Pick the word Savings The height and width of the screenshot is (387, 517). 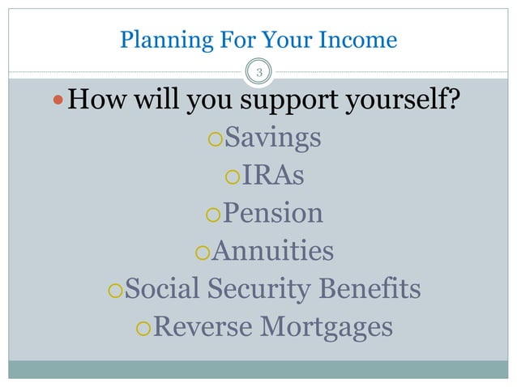tap(272, 138)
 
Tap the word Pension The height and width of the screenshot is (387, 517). tap(273, 213)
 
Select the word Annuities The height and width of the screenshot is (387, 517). tap(272, 250)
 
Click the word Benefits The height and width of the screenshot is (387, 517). tap(376, 287)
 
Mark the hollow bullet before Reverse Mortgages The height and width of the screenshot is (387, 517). tap(143, 329)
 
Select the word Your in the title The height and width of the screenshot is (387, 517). tap(284, 40)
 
